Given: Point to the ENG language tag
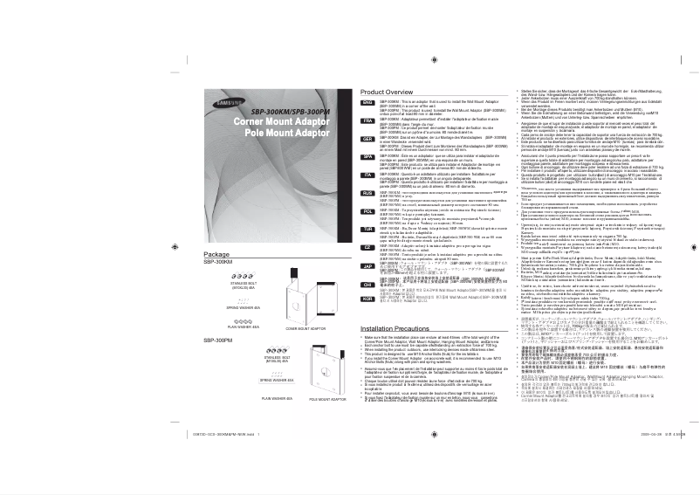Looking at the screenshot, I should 368,102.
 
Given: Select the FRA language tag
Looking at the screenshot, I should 368,121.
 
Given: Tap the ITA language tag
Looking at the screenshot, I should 368,175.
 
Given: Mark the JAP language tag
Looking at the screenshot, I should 368,264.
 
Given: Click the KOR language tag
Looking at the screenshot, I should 368,299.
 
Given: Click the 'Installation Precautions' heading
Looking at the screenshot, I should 398,327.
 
